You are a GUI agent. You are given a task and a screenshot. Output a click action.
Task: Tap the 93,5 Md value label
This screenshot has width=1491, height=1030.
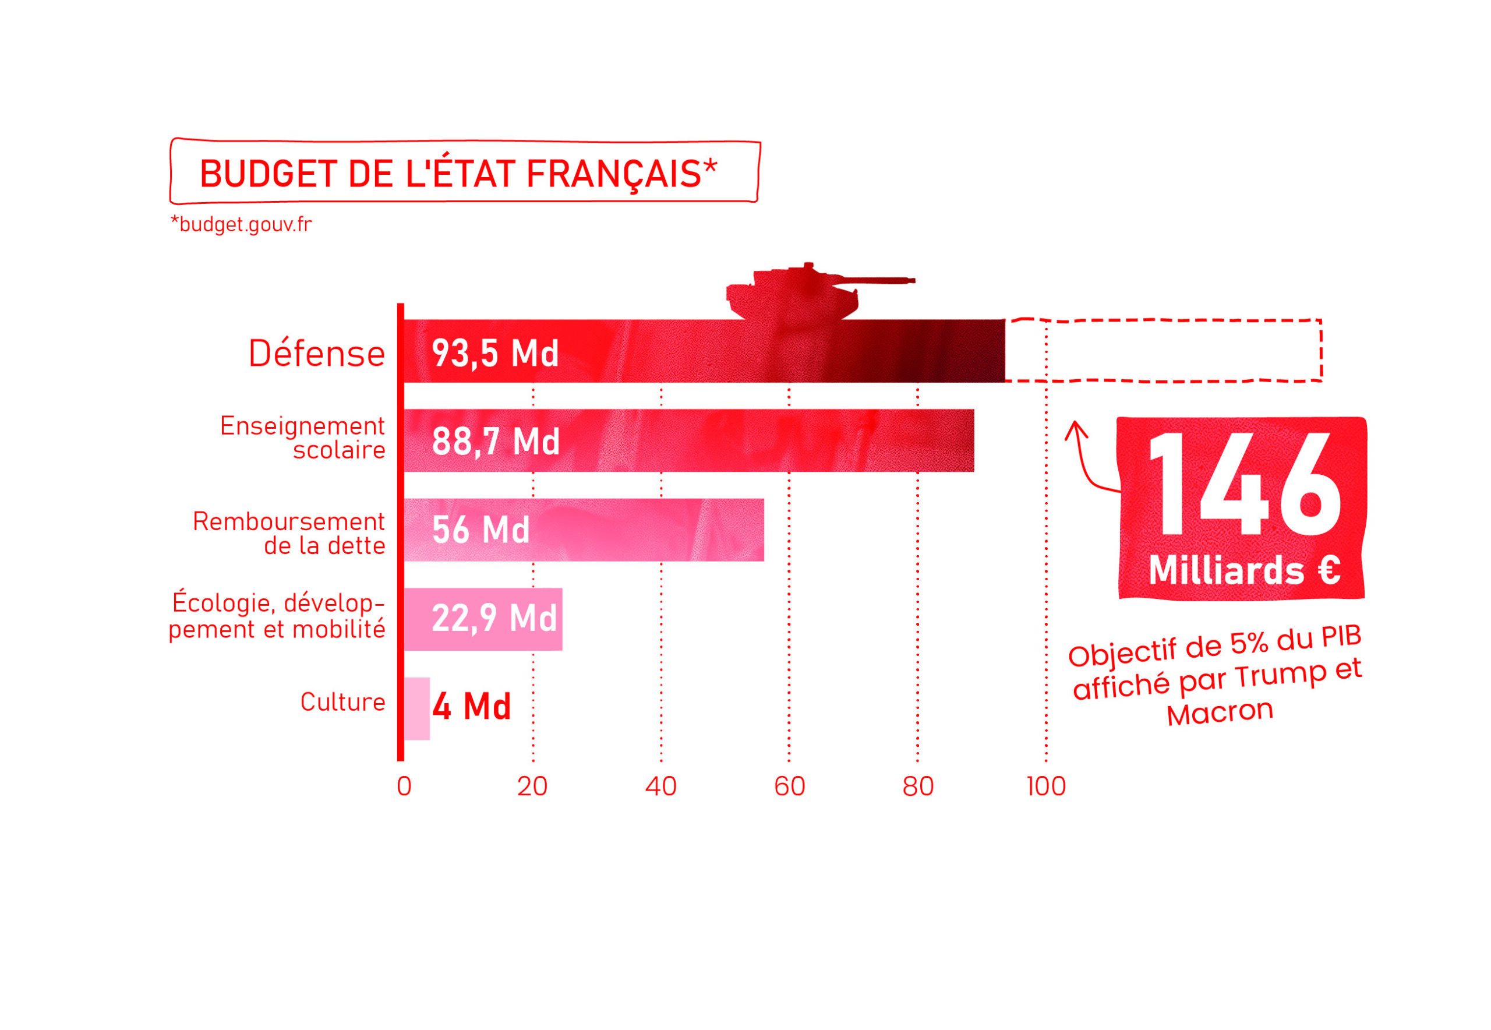coord(495,353)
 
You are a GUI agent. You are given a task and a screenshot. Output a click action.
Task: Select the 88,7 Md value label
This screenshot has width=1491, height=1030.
coord(495,442)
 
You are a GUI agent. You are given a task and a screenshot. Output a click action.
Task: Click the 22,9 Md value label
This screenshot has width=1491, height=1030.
coord(493,618)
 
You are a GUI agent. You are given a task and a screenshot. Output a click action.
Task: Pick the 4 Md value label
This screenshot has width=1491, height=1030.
coord(472,706)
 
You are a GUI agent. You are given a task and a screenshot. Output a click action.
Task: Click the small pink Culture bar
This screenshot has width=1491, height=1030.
coord(417,708)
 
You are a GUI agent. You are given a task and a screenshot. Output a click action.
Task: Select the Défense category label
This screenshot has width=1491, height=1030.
coord(317,354)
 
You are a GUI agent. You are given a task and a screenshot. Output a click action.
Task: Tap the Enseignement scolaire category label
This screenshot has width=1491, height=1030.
coord(303,438)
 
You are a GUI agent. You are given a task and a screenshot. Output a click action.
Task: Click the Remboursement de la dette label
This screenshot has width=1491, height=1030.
coord(289,533)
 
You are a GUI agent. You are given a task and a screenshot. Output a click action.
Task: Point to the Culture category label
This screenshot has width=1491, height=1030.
coord(342,701)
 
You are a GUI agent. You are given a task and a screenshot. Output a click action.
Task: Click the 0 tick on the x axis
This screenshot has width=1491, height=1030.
coord(404,786)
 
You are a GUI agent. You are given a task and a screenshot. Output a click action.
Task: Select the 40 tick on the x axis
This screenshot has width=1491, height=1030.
coord(660,786)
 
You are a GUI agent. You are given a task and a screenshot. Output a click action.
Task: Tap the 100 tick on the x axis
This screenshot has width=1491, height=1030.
coord(1046,786)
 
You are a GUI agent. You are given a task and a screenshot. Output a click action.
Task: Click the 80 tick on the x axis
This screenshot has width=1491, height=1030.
coord(917,786)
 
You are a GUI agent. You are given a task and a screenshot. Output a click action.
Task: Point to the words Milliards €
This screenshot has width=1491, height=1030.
coord(1244,570)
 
